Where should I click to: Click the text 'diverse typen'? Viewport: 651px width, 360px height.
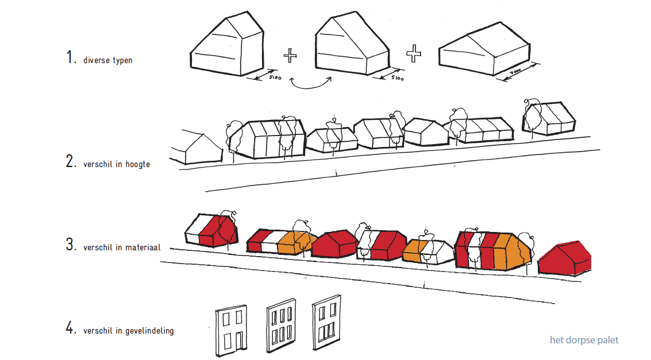coord(108,60)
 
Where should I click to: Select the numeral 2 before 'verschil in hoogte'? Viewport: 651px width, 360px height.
coord(71,161)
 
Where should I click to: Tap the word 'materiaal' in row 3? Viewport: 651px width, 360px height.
coord(142,247)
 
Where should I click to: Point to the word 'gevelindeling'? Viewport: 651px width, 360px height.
coord(149,331)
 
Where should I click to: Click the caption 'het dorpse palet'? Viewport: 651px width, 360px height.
coord(584,340)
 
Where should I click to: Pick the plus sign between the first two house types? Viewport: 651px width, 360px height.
coord(290,55)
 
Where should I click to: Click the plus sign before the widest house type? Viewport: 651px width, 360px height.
coord(414,53)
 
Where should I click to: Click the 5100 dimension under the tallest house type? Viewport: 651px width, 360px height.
coord(275,78)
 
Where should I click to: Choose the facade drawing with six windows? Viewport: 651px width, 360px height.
coord(281,326)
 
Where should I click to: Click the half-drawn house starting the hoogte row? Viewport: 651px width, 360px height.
coord(196,148)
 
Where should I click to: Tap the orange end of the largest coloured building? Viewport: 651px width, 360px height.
coord(513,251)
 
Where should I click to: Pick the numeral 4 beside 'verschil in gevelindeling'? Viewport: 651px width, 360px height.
coord(71,328)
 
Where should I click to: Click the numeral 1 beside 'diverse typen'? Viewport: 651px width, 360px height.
coord(71,57)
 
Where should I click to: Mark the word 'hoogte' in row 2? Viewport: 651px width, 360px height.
coord(138,164)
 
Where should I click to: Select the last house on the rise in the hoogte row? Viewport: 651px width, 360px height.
coord(549,118)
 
